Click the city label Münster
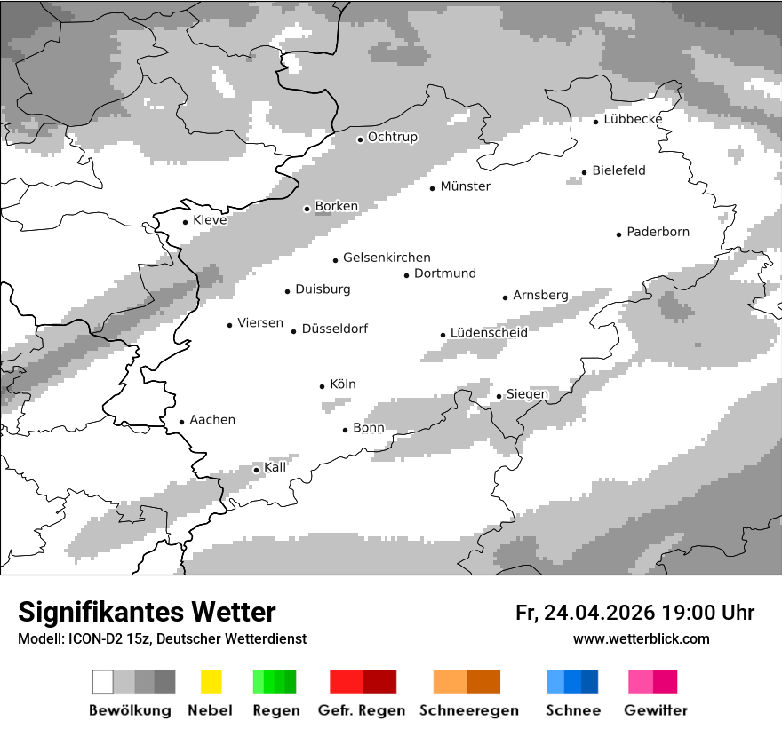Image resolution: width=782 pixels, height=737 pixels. [x=466, y=186]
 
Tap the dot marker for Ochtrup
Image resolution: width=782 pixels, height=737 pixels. [x=360, y=139]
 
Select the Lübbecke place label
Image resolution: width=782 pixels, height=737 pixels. [x=633, y=119]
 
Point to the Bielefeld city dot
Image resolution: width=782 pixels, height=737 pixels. [x=584, y=172]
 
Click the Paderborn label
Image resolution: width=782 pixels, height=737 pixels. [x=658, y=232]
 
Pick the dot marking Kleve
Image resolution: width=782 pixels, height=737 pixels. [x=185, y=222]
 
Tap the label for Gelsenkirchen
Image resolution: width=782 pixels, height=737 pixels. [x=387, y=258]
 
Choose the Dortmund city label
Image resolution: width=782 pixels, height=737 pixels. [x=445, y=273]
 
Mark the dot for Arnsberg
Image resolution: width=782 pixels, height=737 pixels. [x=505, y=297]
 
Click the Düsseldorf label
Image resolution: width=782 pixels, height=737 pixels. [x=335, y=329]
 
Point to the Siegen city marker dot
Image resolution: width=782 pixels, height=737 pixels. [x=499, y=396]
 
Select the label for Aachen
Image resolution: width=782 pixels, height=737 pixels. [x=212, y=420]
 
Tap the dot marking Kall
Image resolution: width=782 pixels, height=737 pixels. [x=256, y=470]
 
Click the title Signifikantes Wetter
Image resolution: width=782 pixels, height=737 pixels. [x=147, y=612]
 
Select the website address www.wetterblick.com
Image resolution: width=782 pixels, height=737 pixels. [x=641, y=639]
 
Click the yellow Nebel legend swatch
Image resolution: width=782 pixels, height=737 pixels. [x=211, y=682]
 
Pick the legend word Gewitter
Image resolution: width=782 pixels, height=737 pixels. [x=656, y=710]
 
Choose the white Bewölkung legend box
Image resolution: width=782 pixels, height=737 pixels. [x=103, y=682]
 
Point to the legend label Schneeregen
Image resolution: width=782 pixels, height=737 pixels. [x=468, y=710]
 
